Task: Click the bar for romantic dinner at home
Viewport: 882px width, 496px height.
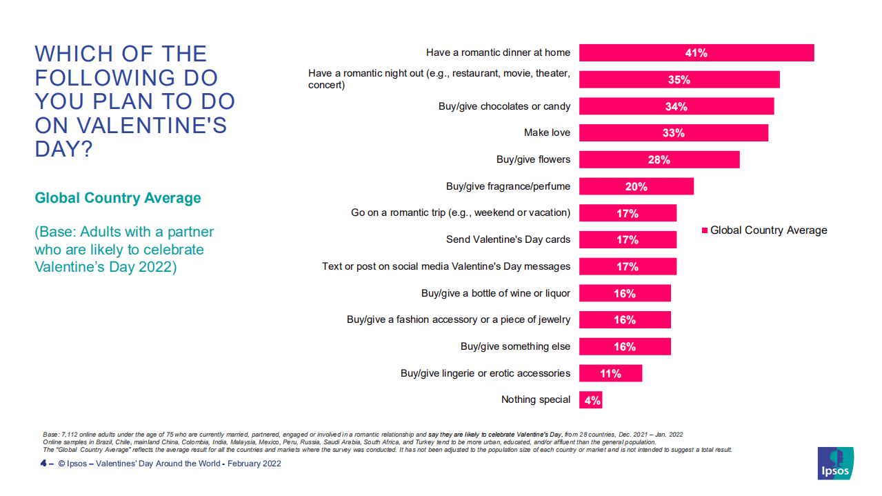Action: coord(696,53)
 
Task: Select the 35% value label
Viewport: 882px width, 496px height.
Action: coord(679,80)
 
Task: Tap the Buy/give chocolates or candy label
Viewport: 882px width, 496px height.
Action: coord(504,106)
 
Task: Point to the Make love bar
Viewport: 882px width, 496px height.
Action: coord(673,133)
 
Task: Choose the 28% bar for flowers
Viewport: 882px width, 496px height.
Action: coord(659,160)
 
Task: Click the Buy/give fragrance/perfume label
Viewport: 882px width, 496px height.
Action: coord(508,186)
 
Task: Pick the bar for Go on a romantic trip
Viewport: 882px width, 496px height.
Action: coord(628,213)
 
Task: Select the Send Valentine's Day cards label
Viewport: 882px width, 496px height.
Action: coord(508,239)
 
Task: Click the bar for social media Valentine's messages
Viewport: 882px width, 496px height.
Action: coord(628,266)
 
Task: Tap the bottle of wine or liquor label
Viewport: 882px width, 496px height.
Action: coord(496,293)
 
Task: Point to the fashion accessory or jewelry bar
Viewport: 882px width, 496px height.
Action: coord(625,320)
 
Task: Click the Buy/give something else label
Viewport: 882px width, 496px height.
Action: coord(515,346)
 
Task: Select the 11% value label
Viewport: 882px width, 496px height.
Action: coord(610,373)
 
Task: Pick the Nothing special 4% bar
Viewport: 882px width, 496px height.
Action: coord(591,400)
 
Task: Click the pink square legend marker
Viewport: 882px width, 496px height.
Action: coord(704,230)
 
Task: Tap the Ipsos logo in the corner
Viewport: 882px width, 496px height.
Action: coord(835,463)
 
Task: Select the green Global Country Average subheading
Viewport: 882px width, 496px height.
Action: coord(118,198)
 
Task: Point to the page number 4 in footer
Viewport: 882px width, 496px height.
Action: coord(43,464)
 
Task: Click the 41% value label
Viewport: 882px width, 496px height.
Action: coord(696,53)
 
